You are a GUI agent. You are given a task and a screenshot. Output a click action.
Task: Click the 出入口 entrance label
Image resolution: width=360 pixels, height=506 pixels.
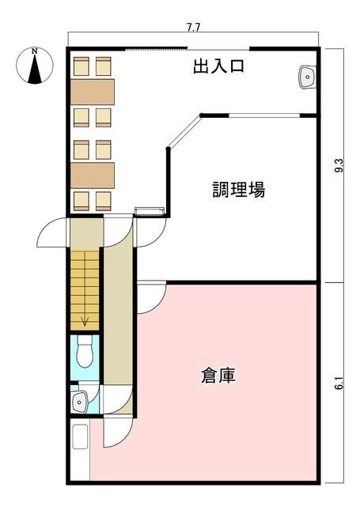218,66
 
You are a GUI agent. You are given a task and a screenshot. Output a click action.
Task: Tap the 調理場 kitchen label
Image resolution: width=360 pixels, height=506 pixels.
239,190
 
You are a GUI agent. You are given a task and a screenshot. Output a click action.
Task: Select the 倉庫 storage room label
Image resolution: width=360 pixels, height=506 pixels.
218,376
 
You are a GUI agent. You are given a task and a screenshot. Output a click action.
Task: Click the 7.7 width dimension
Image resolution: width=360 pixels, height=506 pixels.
193,28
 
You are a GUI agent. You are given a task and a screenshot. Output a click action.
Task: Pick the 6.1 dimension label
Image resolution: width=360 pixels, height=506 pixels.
339,383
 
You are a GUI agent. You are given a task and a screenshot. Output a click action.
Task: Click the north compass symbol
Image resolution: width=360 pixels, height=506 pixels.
35,66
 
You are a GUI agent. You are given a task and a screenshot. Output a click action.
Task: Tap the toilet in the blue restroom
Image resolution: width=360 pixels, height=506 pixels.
85,351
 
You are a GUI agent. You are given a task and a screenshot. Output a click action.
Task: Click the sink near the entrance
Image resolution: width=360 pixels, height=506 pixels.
307,77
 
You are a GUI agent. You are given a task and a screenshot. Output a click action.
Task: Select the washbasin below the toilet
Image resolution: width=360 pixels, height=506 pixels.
79,402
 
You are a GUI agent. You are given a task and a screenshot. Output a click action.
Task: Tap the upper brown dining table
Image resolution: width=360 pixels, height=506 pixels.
93,92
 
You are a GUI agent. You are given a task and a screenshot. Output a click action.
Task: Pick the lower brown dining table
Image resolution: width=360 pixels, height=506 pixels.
93,176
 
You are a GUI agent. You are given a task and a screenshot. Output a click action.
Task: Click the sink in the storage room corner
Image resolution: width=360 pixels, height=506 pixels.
80,436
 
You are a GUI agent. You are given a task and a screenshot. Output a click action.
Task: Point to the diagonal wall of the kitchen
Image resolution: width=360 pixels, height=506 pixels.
184,132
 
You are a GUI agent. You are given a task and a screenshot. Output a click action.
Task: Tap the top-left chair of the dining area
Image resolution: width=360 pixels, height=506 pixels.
81,66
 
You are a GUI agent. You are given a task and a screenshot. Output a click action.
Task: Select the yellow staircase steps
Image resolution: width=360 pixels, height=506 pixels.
85,290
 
